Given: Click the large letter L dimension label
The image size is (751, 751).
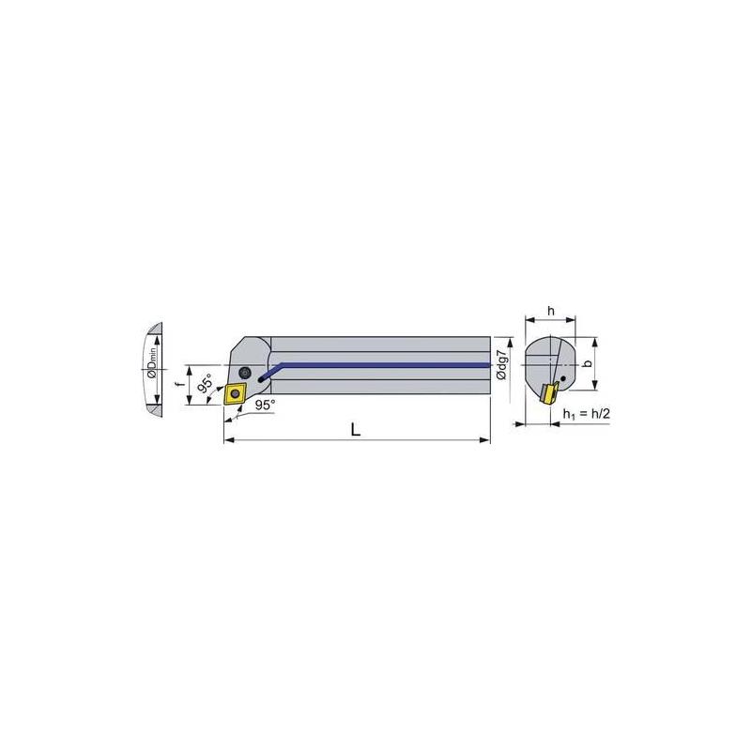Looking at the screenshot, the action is [356, 430].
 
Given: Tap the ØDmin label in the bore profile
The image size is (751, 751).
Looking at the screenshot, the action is [152, 363].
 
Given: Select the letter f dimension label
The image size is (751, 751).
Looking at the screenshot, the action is [180, 385].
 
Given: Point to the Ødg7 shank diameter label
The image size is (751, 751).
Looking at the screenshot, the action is [501, 365].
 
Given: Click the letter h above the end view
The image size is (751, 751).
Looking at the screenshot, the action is [551, 311].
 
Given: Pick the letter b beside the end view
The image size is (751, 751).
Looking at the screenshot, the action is [588, 363].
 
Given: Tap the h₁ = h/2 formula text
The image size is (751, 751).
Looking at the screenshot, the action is [586, 414].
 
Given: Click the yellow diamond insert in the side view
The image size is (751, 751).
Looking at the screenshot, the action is [236, 393].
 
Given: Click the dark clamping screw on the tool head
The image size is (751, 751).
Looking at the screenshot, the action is [245, 372].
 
